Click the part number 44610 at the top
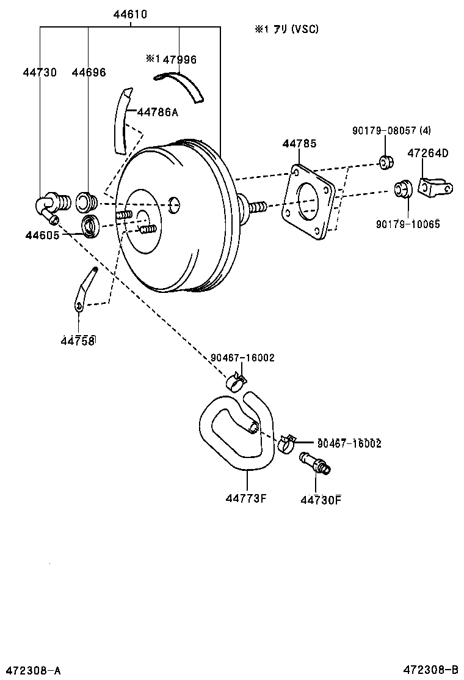tap(129, 14)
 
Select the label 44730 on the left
tap(40, 72)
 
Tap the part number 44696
tap(89, 72)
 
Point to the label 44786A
tap(158, 112)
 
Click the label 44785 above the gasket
tap(299, 144)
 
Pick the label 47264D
tap(427, 153)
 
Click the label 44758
tap(78, 341)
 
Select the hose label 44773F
tap(246, 498)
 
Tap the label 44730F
tap(320, 500)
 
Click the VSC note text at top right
tap(287, 29)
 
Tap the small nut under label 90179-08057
tap(385, 162)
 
